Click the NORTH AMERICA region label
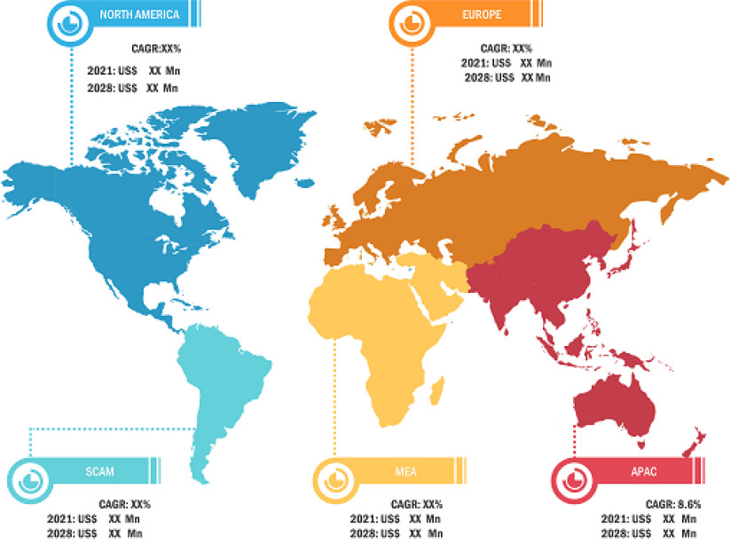coord(139,14)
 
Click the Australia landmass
coord(617,408)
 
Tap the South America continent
coord(222,373)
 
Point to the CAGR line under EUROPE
coord(506,49)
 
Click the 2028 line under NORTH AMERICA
coord(133,88)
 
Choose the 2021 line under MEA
coord(395,518)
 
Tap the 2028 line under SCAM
coord(93,532)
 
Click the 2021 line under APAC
coord(648,518)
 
